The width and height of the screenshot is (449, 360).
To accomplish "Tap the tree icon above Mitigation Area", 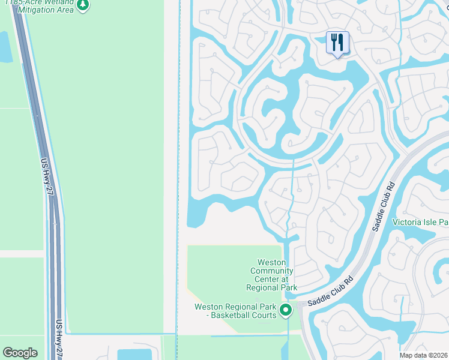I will point(83,5).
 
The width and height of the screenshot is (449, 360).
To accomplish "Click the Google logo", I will point(20,353).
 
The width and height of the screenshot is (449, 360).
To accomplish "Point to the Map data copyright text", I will point(424,355).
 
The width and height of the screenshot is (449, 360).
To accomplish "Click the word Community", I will point(272,271).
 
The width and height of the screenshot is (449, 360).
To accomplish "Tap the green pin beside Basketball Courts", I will point(286,310).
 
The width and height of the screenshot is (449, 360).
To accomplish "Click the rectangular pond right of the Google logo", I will point(135,355).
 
